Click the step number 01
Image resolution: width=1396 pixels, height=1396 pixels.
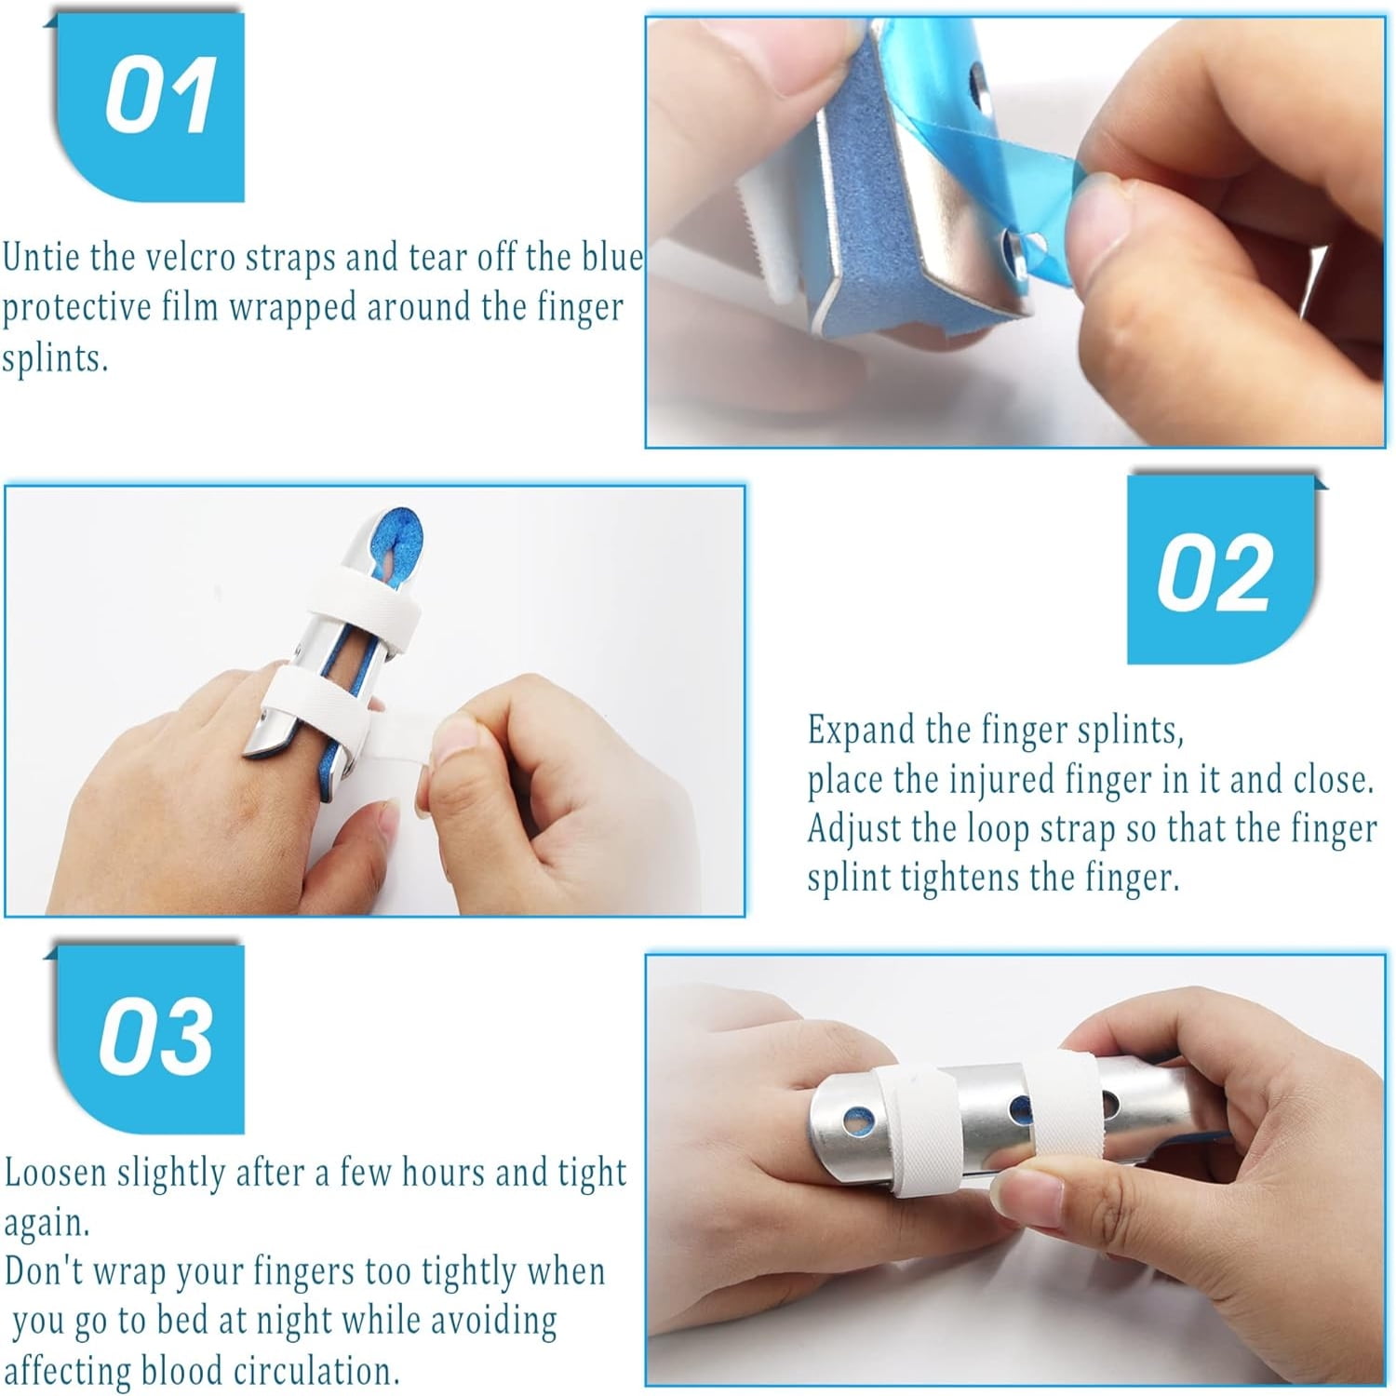pyautogui.click(x=160, y=96)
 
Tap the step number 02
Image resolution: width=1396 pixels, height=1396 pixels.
pyautogui.click(x=1214, y=573)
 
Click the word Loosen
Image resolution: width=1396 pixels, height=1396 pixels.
pyautogui.click(x=55, y=1173)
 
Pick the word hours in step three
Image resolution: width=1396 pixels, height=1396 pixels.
pyautogui.click(x=436, y=1173)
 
